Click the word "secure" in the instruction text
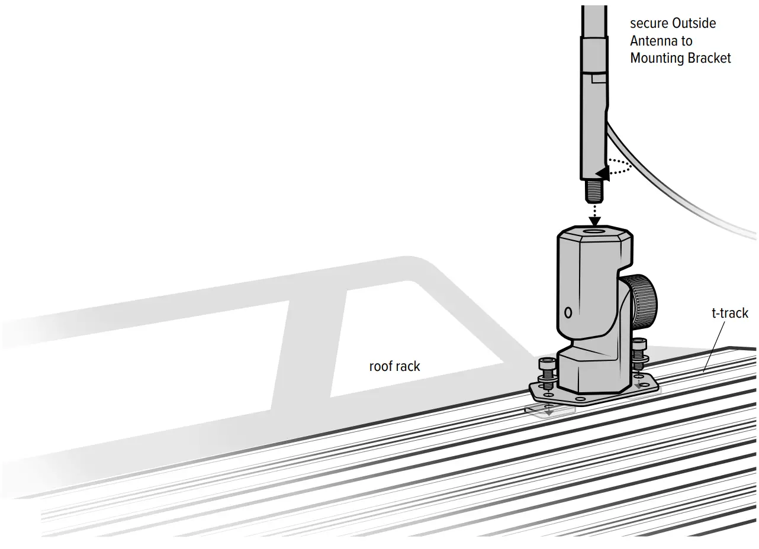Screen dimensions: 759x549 tap(648, 24)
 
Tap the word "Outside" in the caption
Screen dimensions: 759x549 tap(694, 24)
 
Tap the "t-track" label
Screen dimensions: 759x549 tap(730, 313)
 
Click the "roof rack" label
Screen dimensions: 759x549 tap(394, 366)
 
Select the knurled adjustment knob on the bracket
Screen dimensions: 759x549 tap(644, 302)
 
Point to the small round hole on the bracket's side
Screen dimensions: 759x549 tap(568, 312)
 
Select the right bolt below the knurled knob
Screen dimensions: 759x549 tap(639, 355)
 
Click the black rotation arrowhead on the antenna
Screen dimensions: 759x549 tap(602, 173)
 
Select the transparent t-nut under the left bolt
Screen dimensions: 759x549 tap(549, 410)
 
